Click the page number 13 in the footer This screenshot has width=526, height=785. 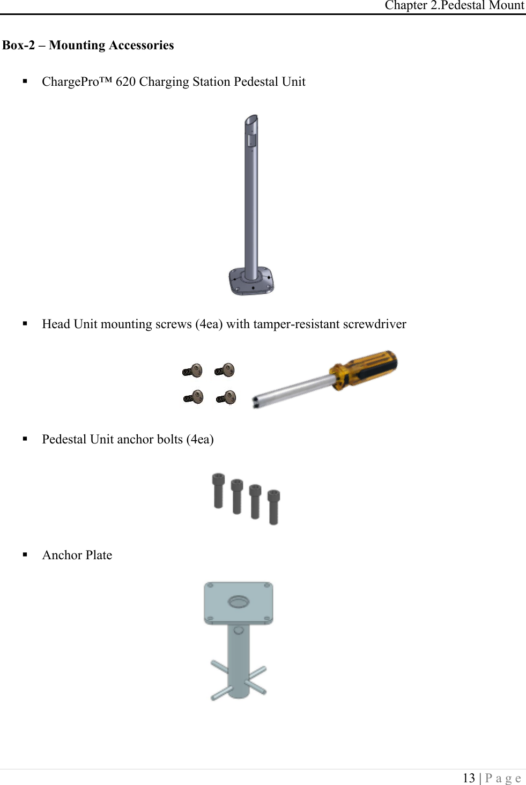(469, 777)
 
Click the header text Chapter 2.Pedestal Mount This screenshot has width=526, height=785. (454, 5)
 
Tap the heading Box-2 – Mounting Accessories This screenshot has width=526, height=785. (88, 45)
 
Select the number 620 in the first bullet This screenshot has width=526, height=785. (125, 82)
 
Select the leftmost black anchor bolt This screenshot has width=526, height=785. (218, 490)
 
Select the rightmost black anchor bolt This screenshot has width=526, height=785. (273, 507)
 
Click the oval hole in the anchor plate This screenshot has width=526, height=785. (239, 602)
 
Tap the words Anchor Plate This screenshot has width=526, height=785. (77, 555)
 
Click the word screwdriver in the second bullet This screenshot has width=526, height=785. (374, 324)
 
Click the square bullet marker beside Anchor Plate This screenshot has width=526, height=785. (25, 554)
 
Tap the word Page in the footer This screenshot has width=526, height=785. (502, 778)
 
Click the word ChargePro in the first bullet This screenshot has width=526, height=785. (70, 82)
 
